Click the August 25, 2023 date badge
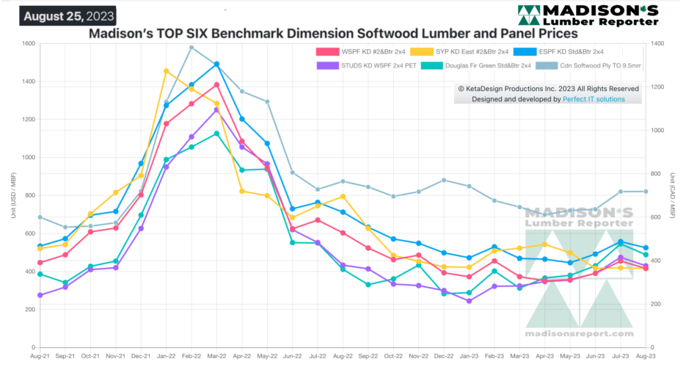[67, 15]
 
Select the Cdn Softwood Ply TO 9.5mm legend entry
[594, 65]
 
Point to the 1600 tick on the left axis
[27, 43]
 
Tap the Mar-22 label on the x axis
[216, 356]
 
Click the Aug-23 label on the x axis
[645, 356]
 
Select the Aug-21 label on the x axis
[40, 356]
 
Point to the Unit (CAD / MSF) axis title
[673, 195]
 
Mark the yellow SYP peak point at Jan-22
[167, 71]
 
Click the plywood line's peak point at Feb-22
[191, 48]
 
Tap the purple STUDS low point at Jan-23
[468, 301]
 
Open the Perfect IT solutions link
[594, 98]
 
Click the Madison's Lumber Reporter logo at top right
[587, 15]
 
